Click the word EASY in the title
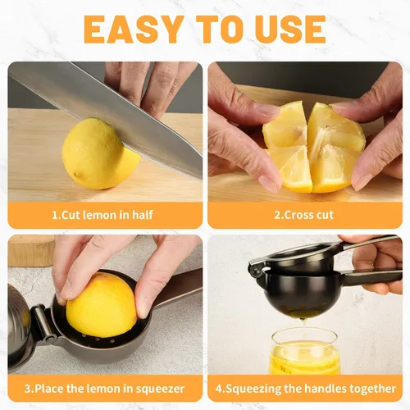click(x=134, y=30)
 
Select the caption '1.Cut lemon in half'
click(x=102, y=215)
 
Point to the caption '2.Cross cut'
click(x=304, y=215)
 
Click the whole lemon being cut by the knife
click(x=100, y=154)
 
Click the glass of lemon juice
click(x=305, y=353)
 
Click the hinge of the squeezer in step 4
click(x=256, y=271)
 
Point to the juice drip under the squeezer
click(x=302, y=322)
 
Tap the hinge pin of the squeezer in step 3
click(x=43, y=324)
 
